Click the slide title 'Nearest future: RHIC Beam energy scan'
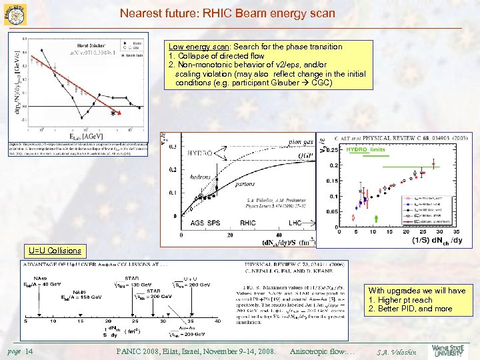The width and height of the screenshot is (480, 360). [x=227, y=13]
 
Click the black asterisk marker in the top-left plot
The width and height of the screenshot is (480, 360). [x=113, y=113]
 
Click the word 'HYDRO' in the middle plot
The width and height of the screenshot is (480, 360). [x=200, y=153]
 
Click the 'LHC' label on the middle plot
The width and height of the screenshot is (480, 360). [x=296, y=223]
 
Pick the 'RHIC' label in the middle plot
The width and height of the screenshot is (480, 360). [x=248, y=223]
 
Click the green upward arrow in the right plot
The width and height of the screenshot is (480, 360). [x=376, y=217]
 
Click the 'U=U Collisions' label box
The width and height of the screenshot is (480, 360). [x=55, y=251]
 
